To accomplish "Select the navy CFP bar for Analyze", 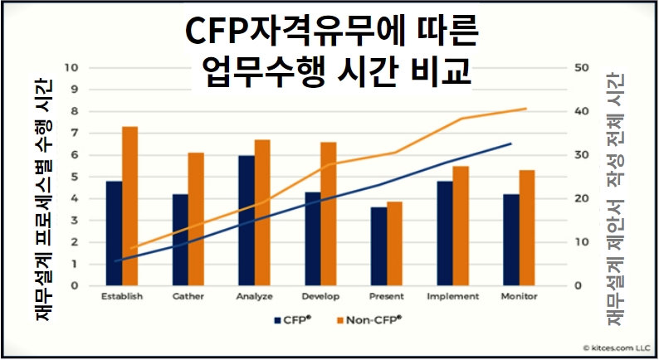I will (x=247, y=221).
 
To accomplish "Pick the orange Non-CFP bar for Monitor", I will (x=527, y=227).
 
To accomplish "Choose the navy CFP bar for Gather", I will (x=180, y=240).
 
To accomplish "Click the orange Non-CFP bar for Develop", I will (x=329, y=214).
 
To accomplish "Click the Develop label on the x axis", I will (x=320, y=296).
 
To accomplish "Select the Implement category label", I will (x=452, y=296).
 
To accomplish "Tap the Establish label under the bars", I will (x=121, y=296).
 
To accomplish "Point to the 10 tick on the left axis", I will (x=72, y=68).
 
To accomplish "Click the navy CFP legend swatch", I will (x=275, y=319).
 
